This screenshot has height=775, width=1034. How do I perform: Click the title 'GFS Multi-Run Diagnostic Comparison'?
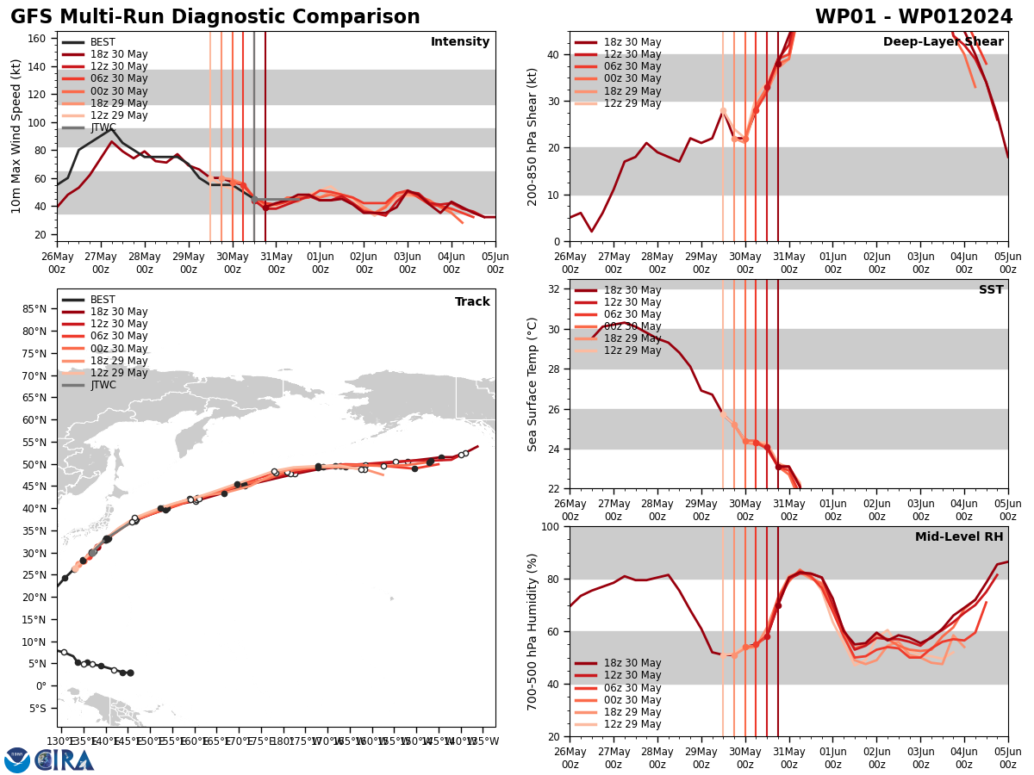pyautogui.click(x=215, y=17)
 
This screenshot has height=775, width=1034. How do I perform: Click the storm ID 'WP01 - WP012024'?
pyautogui.click(x=913, y=17)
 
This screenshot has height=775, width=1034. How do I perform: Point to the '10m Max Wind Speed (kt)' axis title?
pyautogui.click(x=17, y=136)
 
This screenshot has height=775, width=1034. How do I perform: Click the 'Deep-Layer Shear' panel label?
pyautogui.click(x=943, y=42)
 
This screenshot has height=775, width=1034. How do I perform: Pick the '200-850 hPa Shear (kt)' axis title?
pyautogui.click(x=533, y=136)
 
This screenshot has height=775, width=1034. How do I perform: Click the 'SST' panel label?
pyautogui.click(x=991, y=290)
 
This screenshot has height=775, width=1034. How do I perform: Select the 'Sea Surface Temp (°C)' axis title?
pyautogui.click(x=533, y=384)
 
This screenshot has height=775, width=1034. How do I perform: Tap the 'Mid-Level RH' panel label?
pyautogui.click(x=959, y=537)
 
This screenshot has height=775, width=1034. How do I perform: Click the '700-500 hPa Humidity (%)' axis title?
pyautogui.click(x=533, y=631)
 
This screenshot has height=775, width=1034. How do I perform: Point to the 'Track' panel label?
pyautogui.click(x=472, y=302)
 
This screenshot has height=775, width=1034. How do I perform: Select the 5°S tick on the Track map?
pyautogui.click(x=38, y=709)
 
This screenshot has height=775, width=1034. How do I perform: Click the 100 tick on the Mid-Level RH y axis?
pyautogui.click(x=553, y=526)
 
